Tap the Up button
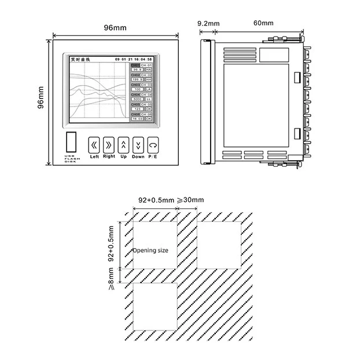pyautogui.click(x=123, y=144)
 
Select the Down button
pyautogui.click(x=138, y=144)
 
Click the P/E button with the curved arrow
pyautogui.click(x=153, y=144)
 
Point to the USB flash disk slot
pyautogui.click(x=71, y=141)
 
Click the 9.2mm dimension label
pyautogui.click(x=208, y=23)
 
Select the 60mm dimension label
pyautogui.click(x=263, y=23)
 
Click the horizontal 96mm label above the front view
pyautogui.click(x=115, y=27)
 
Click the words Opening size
pyautogui.click(x=150, y=251)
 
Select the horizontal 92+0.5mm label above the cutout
pyautogui.click(x=156, y=200)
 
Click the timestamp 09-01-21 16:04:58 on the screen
pyautogui.click(x=133, y=60)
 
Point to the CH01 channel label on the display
pyautogui.click(x=135, y=65)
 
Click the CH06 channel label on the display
pyautogui.click(x=135, y=115)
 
